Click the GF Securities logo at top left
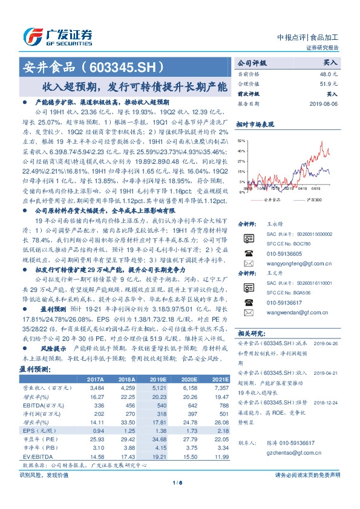coord(58,35)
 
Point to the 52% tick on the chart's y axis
coord(241,140)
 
